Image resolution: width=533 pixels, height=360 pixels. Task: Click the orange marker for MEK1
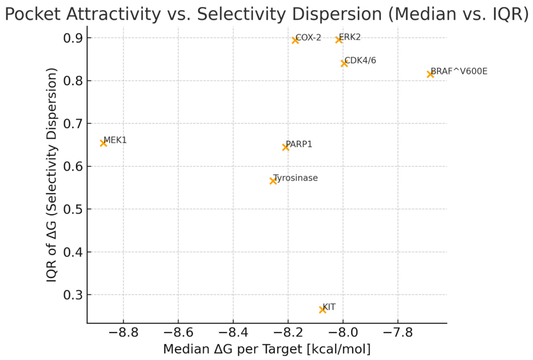tap(103, 143)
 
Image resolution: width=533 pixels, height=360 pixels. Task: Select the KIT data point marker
tap(323, 310)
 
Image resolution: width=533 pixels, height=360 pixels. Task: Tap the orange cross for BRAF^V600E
tap(430, 74)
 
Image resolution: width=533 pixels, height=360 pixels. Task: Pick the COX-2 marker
tap(295, 41)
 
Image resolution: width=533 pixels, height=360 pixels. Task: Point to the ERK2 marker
tap(338, 40)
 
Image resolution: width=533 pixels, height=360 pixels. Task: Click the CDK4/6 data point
tap(344, 63)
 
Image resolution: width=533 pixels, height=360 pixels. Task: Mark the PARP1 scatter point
tap(286, 147)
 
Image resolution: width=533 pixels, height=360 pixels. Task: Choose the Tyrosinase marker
tap(273, 181)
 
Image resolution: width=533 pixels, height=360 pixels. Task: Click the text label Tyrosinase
tap(296, 178)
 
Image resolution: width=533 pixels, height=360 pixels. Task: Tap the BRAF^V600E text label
tap(459, 71)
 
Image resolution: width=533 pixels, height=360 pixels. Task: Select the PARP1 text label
tap(299, 145)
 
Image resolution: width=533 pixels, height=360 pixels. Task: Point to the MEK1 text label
tap(115, 140)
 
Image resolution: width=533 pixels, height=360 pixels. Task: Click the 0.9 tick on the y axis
tap(73, 38)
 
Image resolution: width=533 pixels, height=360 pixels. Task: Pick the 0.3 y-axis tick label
tap(73, 295)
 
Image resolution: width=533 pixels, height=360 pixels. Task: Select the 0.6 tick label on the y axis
tap(73, 166)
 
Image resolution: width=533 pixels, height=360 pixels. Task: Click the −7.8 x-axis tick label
tap(398, 333)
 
